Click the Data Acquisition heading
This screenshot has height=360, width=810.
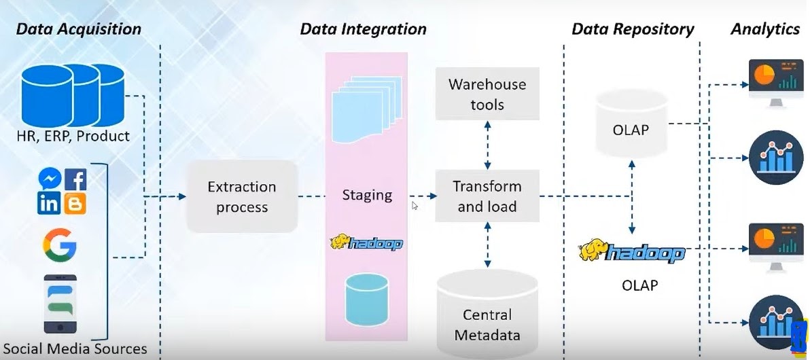click(78, 29)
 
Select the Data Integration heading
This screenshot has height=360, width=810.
click(363, 29)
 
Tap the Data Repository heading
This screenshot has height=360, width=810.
click(632, 29)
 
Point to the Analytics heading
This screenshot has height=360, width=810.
click(764, 29)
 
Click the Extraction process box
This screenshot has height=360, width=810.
click(242, 196)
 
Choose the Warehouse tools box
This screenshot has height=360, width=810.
click(487, 94)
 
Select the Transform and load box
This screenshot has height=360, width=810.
click(487, 196)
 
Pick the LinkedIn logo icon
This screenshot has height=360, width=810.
click(50, 202)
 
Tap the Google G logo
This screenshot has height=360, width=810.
click(59, 244)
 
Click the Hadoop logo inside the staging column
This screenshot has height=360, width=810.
click(366, 243)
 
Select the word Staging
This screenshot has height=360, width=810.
click(367, 195)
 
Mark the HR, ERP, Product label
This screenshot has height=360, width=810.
click(73, 136)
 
